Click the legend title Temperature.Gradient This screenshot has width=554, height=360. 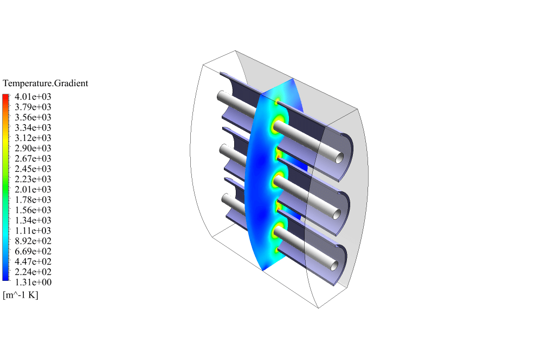tap(45, 83)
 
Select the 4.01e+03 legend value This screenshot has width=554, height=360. tap(33, 97)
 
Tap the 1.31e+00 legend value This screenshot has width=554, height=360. tap(33, 282)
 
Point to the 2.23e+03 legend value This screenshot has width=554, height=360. tap(33, 179)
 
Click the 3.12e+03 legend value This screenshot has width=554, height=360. tap(33, 138)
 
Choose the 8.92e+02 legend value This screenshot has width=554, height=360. tap(33, 241)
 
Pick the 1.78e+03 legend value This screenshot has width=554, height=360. tap(33, 200)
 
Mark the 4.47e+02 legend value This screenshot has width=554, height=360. tap(33, 262)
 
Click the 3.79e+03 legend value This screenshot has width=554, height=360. tap(33, 107)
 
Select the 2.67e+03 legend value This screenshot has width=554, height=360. tap(33, 159)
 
